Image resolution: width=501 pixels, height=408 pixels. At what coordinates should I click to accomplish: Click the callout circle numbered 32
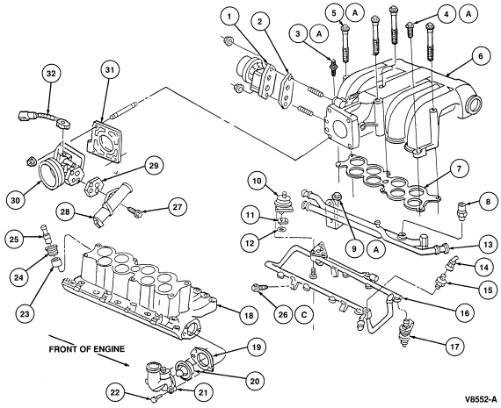(x=51, y=74)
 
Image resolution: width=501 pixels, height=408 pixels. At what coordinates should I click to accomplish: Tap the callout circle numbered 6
(x=480, y=56)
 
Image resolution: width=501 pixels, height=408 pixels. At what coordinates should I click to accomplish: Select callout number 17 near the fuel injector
(x=454, y=346)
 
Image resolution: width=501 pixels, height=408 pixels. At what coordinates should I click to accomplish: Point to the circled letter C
(x=304, y=315)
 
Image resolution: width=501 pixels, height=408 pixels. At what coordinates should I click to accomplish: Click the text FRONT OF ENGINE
(x=87, y=349)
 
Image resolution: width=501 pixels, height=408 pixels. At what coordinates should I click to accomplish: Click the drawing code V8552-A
(x=481, y=398)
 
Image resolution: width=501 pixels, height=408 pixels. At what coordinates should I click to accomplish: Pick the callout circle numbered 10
(x=257, y=181)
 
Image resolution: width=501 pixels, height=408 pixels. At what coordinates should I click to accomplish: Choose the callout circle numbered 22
(x=115, y=392)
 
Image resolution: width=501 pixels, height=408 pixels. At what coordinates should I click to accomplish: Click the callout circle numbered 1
(x=229, y=16)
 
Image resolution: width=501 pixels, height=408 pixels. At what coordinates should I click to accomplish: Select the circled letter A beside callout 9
(x=376, y=250)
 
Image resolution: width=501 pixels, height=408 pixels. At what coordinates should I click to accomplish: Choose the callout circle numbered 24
(x=18, y=277)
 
